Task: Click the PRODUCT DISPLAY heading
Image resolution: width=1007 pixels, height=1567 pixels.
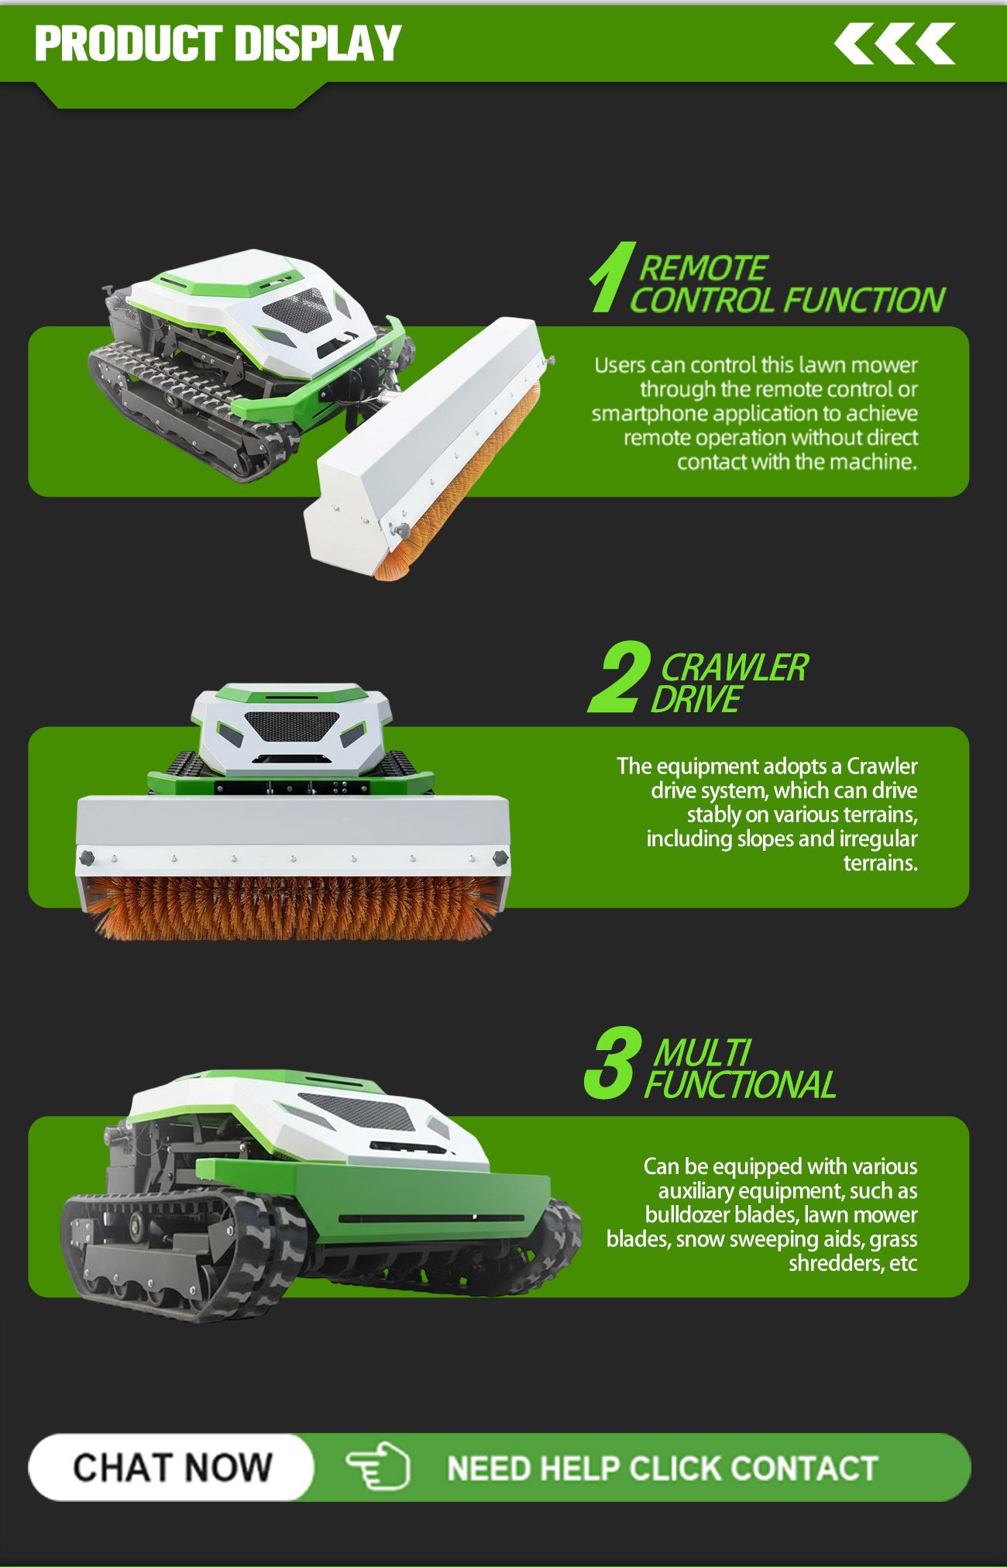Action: pyautogui.click(x=218, y=43)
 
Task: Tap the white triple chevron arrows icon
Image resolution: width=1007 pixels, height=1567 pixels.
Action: pyautogui.click(x=895, y=43)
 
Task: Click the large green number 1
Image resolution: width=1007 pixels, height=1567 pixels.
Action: pyautogui.click(x=612, y=277)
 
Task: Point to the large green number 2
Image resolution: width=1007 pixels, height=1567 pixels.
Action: pyautogui.click(x=618, y=677)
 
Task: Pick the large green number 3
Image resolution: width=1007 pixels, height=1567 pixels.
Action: pyautogui.click(x=613, y=1063)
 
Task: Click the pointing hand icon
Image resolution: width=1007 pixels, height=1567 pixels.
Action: pyautogui.click(x=378, y=1467)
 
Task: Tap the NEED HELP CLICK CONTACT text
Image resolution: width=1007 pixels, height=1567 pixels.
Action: pyautogui.click(x=662, y=1469)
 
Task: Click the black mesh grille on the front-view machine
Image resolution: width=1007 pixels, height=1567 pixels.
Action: pyautogui.click(x=292, y=726)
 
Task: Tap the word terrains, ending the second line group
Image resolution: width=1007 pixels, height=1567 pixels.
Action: pyautogui.click(x=880, y=863)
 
